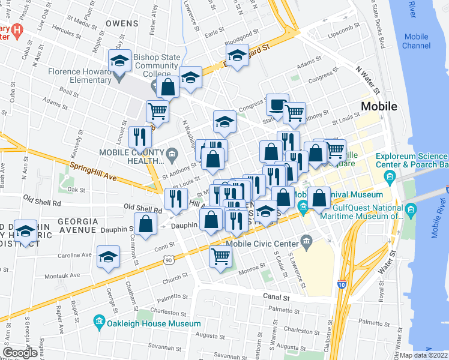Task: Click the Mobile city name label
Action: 379,107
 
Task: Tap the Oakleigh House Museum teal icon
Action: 99,323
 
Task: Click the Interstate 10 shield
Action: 342,284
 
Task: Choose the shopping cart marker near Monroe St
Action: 220,256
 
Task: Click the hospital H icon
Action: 17,31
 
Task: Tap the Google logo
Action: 20,353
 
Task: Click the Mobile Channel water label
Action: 416,41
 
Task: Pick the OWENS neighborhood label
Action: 122,23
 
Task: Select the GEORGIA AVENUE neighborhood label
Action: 77,221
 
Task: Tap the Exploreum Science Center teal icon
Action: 390,176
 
